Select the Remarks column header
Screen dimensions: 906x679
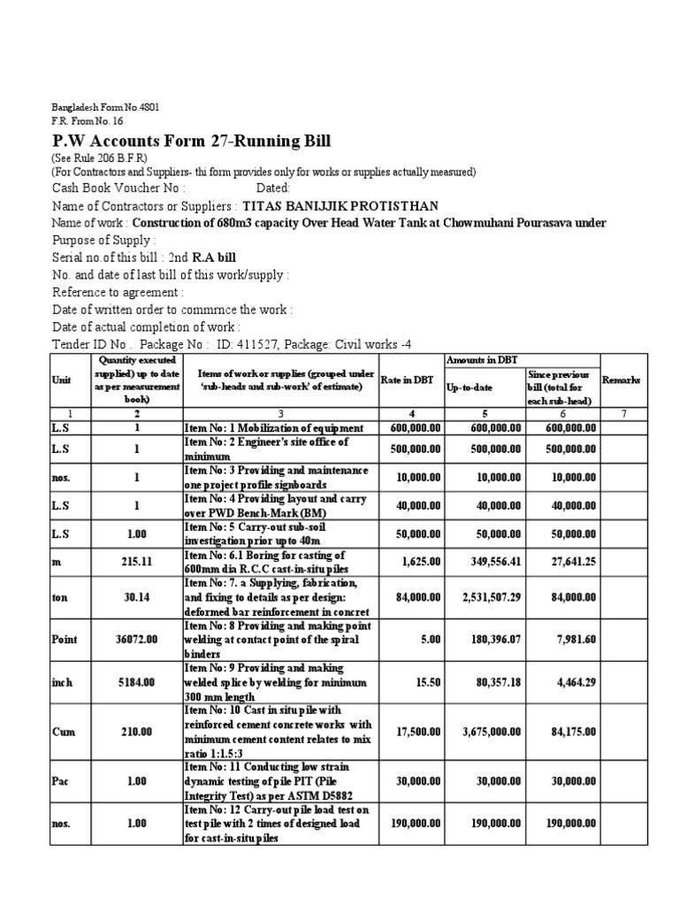coord(622,380)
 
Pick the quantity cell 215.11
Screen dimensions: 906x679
coord(138,560)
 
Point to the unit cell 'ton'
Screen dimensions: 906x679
coord(60,597)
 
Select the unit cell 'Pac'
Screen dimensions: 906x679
coord(60,780)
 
